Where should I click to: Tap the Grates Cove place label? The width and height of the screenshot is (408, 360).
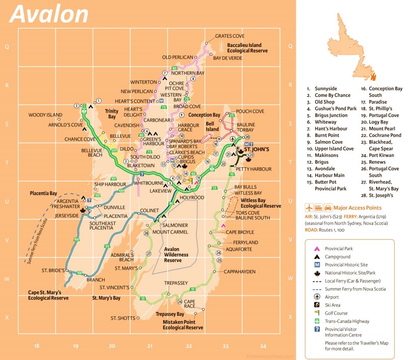[229, 36]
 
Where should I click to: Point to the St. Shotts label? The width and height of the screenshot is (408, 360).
[123, 318]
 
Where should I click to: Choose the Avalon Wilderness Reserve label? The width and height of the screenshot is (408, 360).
[176, 254]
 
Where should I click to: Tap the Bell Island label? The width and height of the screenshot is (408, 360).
[212, 126]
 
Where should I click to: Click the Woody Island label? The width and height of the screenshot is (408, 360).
[45, 115]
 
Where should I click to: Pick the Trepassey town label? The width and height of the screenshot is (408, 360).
[176, 282]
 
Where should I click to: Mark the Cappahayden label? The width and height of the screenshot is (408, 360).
[239, 272]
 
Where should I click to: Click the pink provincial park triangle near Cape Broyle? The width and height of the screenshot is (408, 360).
[223, 225]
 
